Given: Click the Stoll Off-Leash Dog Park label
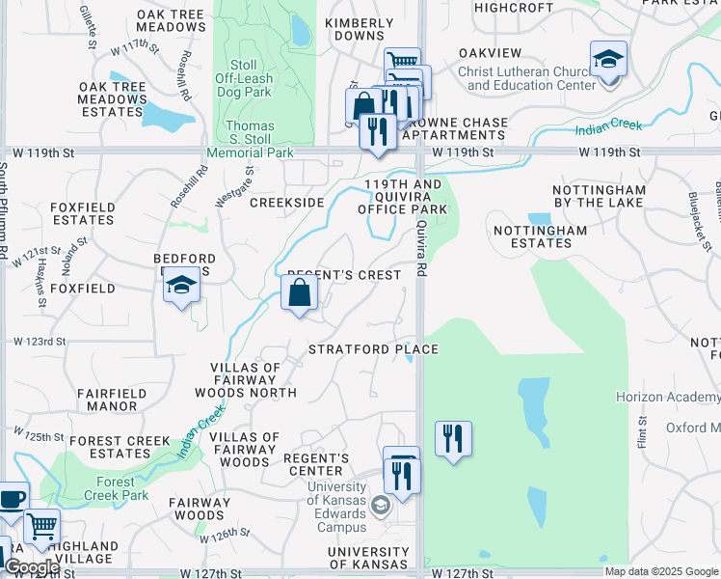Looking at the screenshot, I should click(244, 78).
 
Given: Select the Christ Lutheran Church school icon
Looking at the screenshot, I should click(608, 61).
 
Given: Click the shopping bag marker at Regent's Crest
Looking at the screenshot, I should click(300, 292).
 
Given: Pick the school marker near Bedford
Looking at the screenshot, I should click(181, 285).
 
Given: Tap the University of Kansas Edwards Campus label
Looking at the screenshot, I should click(337, 508).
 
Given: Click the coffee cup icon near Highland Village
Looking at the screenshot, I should click(12, 500).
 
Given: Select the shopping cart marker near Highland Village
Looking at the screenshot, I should click(41, 527).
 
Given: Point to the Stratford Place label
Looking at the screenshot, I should click(373, 349).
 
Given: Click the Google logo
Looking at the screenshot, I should click(32, 567).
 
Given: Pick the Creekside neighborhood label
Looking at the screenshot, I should click(286, 203).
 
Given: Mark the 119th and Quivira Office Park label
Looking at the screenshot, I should click(402, 196).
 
